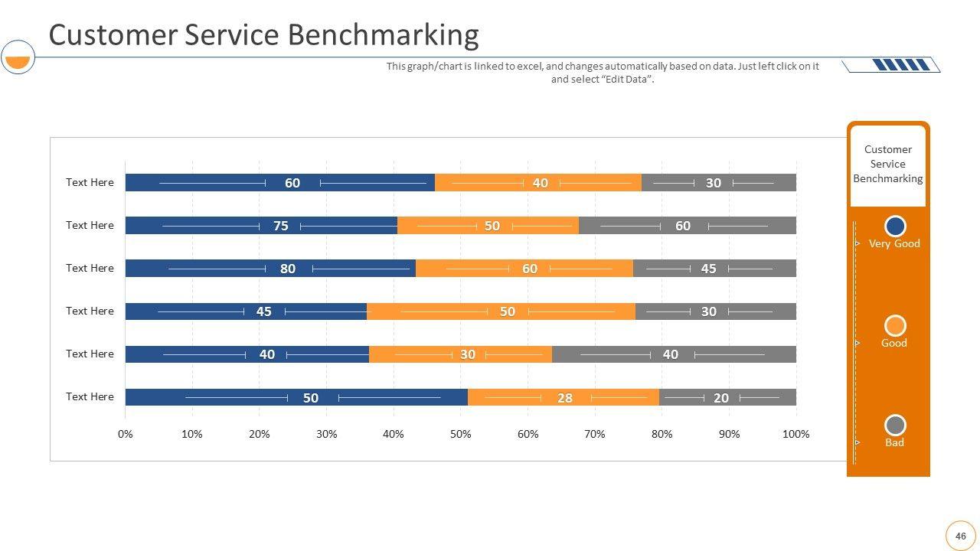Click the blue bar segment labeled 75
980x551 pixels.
pyautogui.click(x=261, y=225)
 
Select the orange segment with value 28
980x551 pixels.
pyautogui.click(x=563, y=397)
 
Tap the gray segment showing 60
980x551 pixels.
pyautogui.click(x=687, y=225)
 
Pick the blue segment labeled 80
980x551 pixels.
pyautogui.click(x=270, y=269)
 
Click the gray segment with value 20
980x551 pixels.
pyautogui.click(x=727, y=397)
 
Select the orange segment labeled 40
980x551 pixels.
pyautogui.click(x=537, y=182)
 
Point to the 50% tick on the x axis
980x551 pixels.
pyautogui.click(x=460, y=435)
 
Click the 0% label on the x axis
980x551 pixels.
pyautogui.click(x=125, y=435)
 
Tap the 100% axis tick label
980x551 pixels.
pyautogui.click(x=795, y=435)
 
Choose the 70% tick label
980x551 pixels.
pyautogui.click(x=594, y=435)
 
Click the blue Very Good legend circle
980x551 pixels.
pyautogui.click(x=895, y=227)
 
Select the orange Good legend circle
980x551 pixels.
pyautogui.click(x=895, y=325)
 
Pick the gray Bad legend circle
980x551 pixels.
pyautogui.click(x=895, y=425)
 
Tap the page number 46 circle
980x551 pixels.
pyautogui.click(x=960, y=536)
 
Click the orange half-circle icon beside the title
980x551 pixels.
pyautogui.click(x=17, y=60)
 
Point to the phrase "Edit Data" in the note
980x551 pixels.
pyautogui.click(x=627, y=79)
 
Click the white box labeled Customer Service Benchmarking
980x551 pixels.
pyautogui.click(x=888, y=165)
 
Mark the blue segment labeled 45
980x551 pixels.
pyautogui.click(x=246, y=311)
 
